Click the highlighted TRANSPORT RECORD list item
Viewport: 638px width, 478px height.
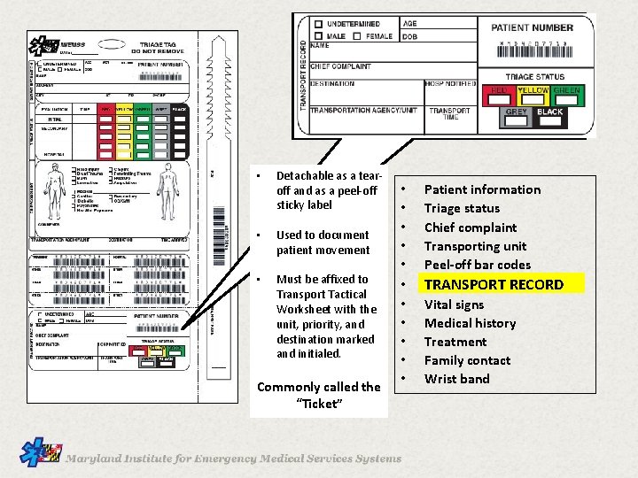point(494,284)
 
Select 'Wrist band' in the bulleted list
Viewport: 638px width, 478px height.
point(456,379)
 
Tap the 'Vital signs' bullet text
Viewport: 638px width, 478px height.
point(454,304)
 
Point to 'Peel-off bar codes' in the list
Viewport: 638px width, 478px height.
point(477,265)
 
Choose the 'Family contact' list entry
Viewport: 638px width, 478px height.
point(467,360)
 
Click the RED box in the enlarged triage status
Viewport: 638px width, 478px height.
point(499,91)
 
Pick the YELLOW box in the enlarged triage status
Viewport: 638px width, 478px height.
point(533,91)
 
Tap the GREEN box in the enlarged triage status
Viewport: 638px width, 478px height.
point(567,91)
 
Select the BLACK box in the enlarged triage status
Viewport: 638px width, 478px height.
point(550,112)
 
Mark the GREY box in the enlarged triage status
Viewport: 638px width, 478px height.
point(516,112)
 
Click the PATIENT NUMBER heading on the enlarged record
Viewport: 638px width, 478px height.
point(532,27)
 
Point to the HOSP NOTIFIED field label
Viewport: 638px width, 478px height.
point(449,84)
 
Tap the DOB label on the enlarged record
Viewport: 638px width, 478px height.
point(409,36)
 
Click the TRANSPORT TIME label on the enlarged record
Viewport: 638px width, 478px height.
point(450,114)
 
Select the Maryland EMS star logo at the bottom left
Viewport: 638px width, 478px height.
point(41,455)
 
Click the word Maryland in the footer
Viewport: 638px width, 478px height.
point(97,459)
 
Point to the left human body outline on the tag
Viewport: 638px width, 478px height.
point(55,186)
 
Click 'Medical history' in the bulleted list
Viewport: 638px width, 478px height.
point(470,323)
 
